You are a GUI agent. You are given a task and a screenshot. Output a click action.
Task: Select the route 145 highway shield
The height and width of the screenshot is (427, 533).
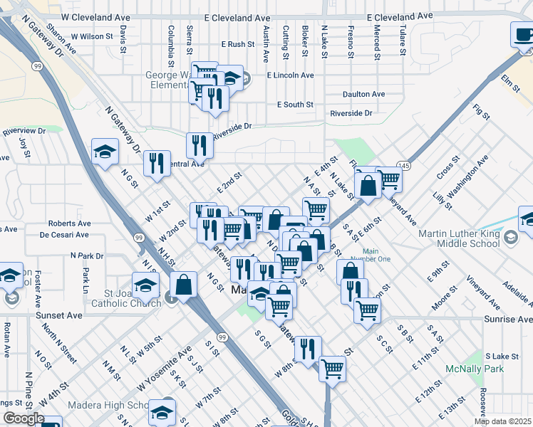[x=404, y=164]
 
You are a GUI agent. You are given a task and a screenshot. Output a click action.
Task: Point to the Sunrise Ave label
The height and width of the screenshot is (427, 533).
[x=508, y=320]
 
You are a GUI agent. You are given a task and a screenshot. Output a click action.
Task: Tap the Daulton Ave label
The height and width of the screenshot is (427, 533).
[x=363, y=94]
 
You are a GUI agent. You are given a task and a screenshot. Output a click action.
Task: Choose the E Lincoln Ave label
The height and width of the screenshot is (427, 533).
[x=290, y=75]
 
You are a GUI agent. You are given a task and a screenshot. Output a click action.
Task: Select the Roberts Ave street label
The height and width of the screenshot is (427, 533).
[x=70, y=223]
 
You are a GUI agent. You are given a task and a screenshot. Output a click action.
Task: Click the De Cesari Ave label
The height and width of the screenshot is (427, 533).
[x=65, y=234]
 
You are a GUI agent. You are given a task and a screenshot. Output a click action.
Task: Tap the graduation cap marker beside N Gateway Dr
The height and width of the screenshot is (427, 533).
[x=105, y=152]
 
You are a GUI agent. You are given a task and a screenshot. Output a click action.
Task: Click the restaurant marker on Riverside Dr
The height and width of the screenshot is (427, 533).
[x=200, y=145]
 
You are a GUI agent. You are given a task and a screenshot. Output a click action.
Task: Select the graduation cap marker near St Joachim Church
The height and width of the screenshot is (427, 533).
[x=145, y=285]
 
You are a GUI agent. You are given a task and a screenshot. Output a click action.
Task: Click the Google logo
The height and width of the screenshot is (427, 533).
[x=23, y=418]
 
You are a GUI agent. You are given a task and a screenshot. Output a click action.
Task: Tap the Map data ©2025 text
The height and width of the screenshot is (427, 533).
[x=502, y=422]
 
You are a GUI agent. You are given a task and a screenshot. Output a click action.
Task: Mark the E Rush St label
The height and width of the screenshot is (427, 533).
[x=237, y=44]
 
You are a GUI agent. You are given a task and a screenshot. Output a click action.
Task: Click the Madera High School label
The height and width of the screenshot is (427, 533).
[x=108, y=406]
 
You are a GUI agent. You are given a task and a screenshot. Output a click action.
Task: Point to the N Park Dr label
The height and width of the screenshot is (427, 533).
[x=87, y=255]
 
